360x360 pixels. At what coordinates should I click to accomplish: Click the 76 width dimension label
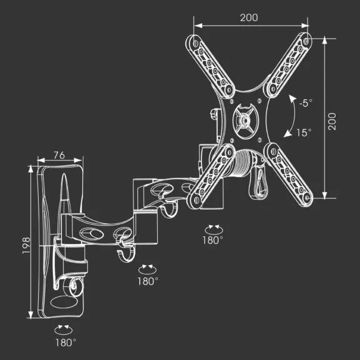(59, 155)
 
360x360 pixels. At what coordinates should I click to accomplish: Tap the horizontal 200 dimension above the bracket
(249, 17)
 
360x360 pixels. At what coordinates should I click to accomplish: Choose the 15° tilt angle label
(304, 132)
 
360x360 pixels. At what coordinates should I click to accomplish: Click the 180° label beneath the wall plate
(66, 342)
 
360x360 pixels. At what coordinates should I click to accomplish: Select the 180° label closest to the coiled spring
(213, 240)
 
